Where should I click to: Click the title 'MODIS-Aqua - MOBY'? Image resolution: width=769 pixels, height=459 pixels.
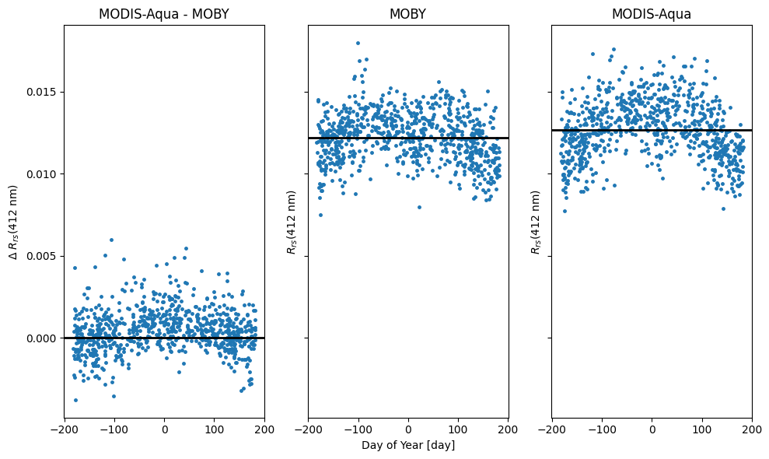163,14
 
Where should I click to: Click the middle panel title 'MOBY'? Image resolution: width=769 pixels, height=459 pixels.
408,14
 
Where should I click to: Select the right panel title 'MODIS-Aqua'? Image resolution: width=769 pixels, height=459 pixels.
652,14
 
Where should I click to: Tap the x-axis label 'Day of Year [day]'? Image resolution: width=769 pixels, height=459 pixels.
408,445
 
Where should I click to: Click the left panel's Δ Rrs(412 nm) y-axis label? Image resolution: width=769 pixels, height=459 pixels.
13,222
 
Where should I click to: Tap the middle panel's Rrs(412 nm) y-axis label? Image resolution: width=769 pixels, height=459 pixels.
292,222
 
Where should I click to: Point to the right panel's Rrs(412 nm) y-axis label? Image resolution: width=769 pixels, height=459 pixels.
536,222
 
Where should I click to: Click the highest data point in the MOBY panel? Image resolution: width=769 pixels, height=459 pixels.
358,43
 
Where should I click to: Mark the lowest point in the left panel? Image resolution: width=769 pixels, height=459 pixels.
75,400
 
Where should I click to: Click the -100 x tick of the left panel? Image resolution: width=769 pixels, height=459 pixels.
114,428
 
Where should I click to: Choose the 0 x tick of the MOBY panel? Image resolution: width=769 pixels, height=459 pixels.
408,428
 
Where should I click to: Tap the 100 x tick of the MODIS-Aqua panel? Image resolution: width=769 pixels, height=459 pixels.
701,428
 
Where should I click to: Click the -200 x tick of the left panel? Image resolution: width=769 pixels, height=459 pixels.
65,428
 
